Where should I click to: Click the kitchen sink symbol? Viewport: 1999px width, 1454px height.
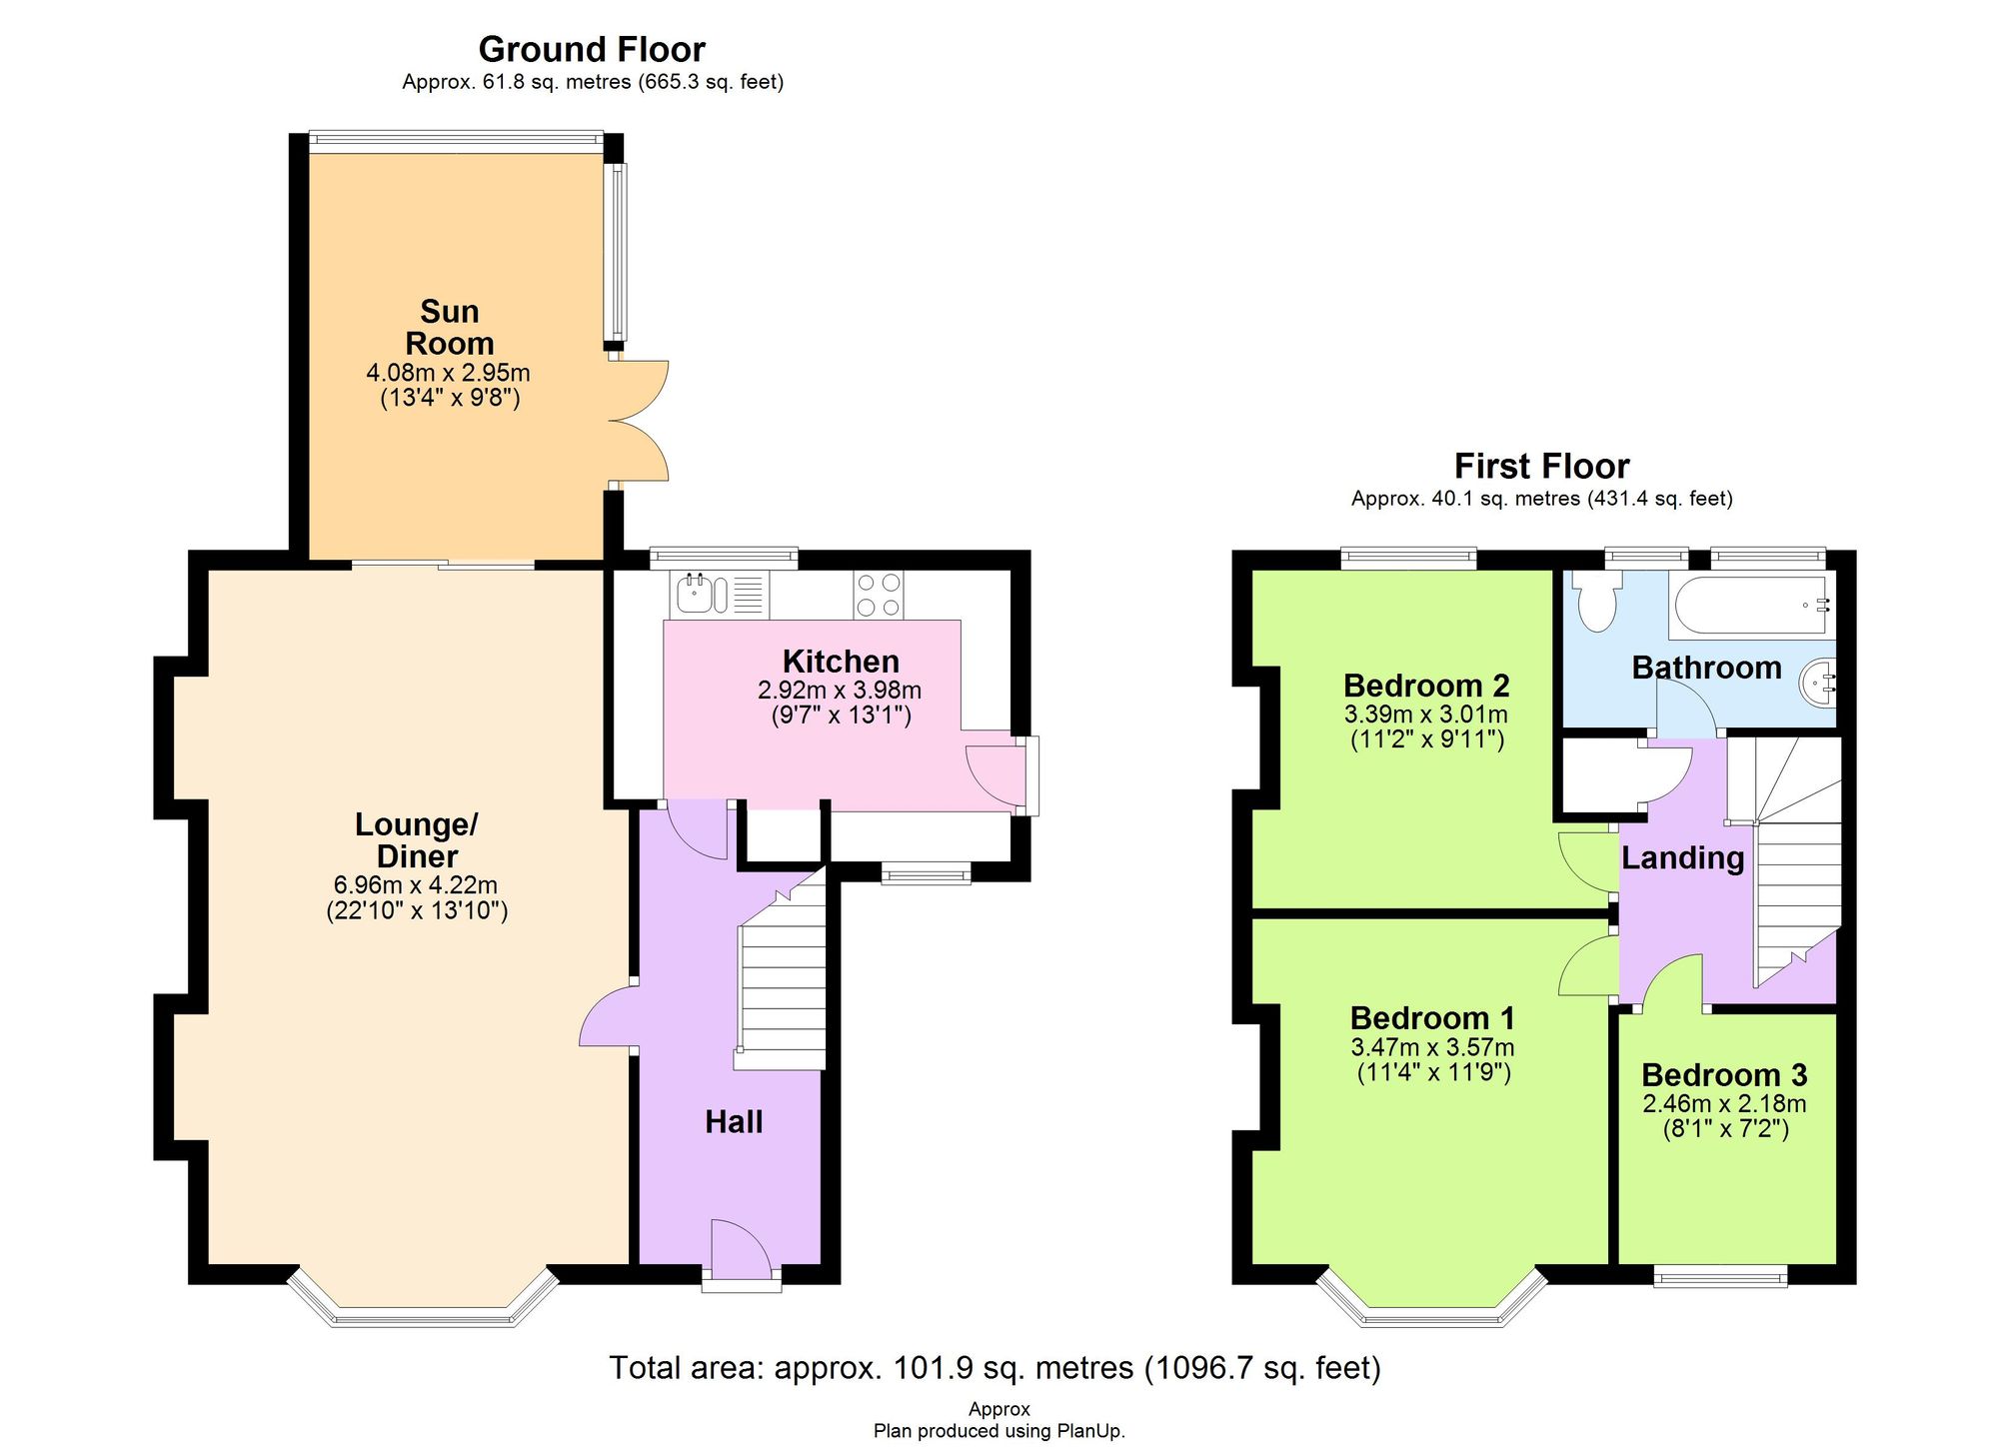click(x=695, y=595)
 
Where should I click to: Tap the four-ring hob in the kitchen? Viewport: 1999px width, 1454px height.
click(x=879, y=595)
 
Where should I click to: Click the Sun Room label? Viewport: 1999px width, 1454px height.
click(x=450, y=328)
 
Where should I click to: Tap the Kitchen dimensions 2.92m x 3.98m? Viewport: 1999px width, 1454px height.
click(x=840, y=691)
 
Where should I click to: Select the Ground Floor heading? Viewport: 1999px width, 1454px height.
click(x=592, y=49)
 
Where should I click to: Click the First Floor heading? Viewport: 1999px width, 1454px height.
click(x=1541, y=466)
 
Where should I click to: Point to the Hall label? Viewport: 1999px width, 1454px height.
click(x=734, y=1122)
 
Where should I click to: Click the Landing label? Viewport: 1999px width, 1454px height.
click(x=1682, y=857)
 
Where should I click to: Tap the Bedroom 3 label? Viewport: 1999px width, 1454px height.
click(x=1724, y=1075)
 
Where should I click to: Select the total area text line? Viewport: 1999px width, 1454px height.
click(x=995, y=1367)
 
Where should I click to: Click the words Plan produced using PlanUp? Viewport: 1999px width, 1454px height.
click(x=999, y=1431)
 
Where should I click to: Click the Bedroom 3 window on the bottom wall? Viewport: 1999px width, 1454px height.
click(x=1720, y=1276)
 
